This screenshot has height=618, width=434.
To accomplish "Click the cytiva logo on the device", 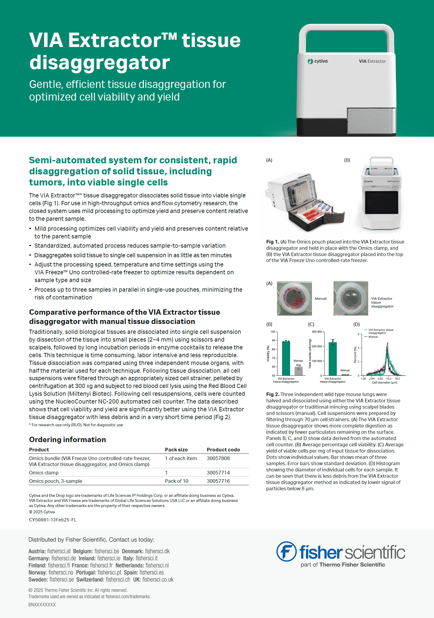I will tap(318, 61).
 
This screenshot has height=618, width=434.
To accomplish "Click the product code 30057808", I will tap(218, 458).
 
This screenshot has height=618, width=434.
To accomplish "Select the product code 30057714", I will tap(218, 473).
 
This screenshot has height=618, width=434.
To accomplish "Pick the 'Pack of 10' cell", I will tap(176, 481).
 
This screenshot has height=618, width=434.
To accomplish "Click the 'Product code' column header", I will tap(223, 450).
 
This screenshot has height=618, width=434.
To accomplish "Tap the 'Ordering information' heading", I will tap(67, 439).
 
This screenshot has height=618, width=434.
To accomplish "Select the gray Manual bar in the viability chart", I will tap(299, 371).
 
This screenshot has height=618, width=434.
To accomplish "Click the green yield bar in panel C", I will tap(333, 359).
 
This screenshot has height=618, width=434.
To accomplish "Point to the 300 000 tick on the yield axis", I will tap(317, 332).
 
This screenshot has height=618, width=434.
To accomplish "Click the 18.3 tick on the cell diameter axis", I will tap(397, 379).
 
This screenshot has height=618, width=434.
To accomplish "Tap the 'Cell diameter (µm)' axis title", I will tap(384, 383).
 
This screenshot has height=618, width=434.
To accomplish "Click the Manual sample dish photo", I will tap(294, 298).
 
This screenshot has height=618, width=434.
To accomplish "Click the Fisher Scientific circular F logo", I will tap(286, 551).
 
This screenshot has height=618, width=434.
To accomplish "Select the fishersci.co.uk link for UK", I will tap(158, 579).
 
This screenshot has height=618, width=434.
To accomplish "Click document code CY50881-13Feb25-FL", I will tap(53, 520).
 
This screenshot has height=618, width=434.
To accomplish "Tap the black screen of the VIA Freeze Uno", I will tap(381, 202).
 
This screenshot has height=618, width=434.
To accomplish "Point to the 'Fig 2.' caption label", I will tap(272, 394).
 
